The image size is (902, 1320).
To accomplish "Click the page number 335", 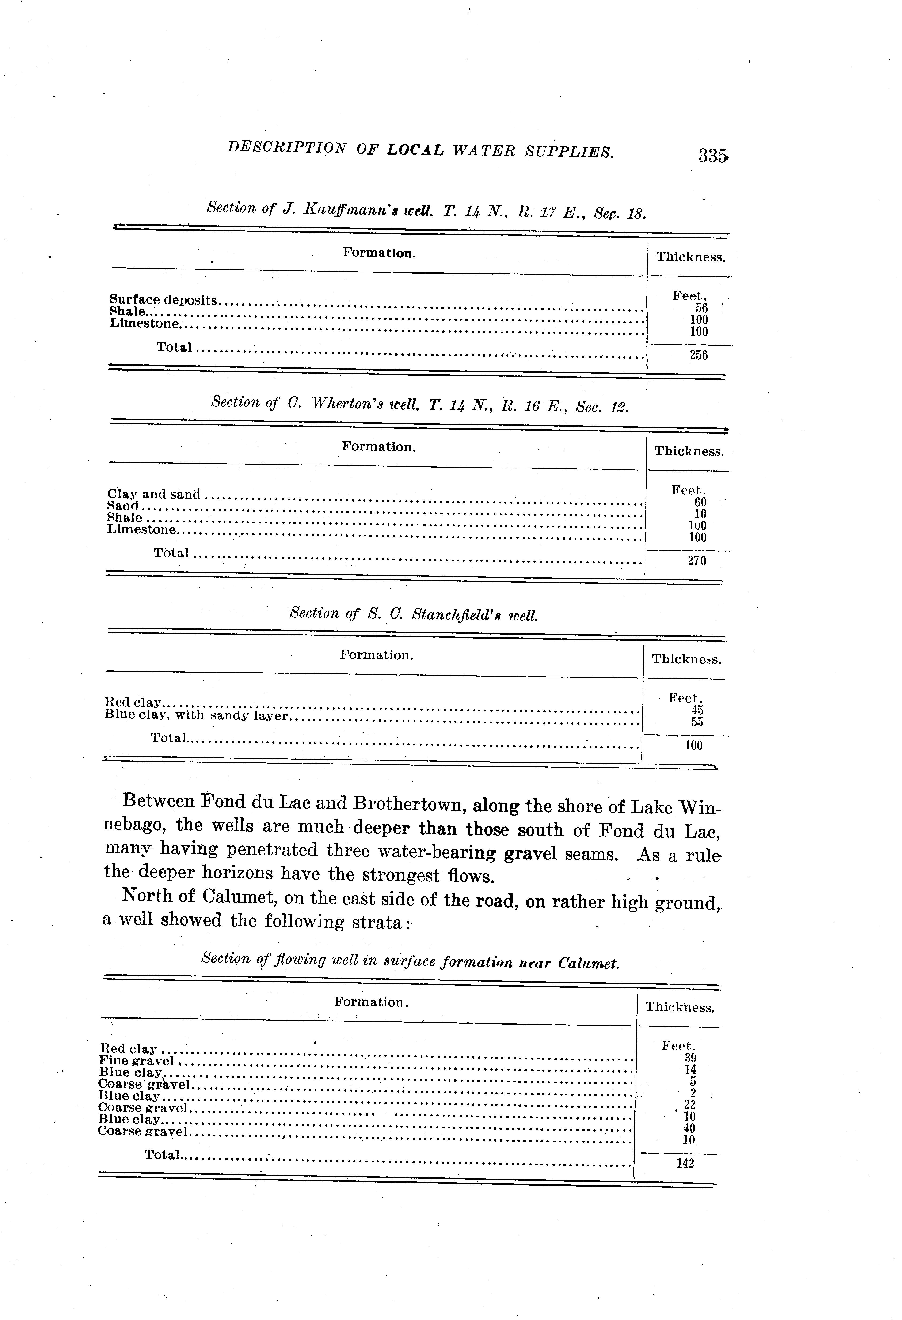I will (x=713, y=155).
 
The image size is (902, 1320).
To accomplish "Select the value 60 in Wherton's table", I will (x=700, y=502).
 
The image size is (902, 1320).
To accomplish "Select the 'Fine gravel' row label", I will (x=136, y=1060).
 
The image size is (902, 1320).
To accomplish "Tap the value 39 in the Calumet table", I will (x=691, y=1057).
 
